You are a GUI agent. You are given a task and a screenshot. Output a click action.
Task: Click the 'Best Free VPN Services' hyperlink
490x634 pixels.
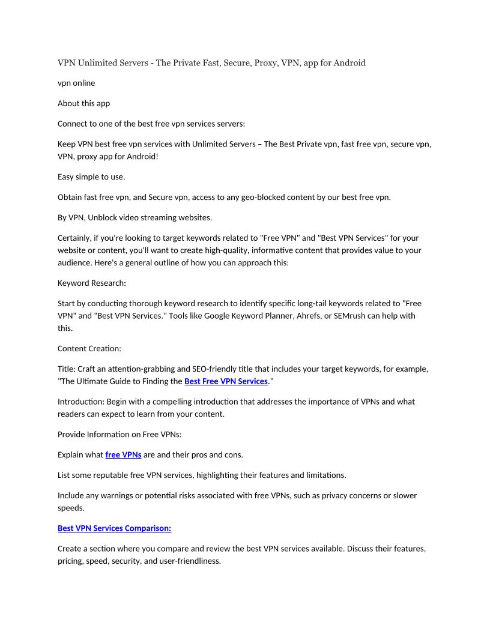[226, 381]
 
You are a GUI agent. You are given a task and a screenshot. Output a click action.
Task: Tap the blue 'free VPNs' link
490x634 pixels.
[123, 454]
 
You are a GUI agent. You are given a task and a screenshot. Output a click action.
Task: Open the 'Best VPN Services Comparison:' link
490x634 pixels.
[114, 528]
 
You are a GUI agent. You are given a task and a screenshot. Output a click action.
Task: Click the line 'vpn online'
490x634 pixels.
[76, 83]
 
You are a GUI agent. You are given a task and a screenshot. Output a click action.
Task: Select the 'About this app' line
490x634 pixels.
[83, 103]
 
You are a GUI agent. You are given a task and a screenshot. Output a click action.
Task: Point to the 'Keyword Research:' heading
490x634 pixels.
[92, 283]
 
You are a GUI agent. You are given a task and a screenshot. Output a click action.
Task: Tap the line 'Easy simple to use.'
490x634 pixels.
[91, 177]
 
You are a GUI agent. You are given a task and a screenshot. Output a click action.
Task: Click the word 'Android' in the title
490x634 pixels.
[349, 62]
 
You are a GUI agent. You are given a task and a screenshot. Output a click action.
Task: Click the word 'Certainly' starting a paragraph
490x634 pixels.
[76, 238]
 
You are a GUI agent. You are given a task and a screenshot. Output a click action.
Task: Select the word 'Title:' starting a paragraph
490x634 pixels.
[67, 369]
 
